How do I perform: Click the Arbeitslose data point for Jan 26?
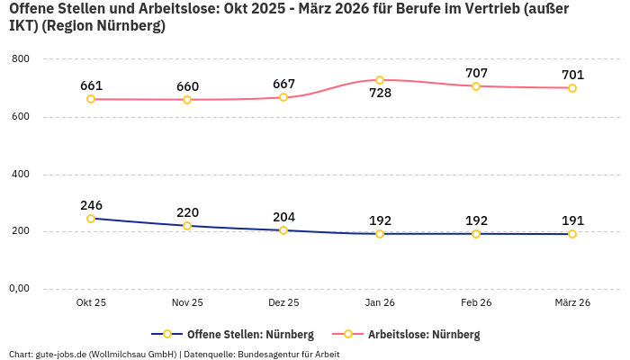click(x=380, y=80)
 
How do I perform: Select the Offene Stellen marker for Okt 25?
click(x=91, y=219)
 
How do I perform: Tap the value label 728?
click(x=380, y=93)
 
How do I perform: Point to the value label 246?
click(x=91, y=205)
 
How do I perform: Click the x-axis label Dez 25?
click(x=283, y=303)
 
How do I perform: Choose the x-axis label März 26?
click(x=572, y=303)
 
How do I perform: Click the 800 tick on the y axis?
click(x=21, y=59)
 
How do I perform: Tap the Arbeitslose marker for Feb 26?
click(x=476, y=86)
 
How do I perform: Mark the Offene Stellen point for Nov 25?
click(x=187, y=226)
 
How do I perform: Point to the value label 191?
click(x=572, y=220)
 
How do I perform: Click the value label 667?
click(x=283, y=85)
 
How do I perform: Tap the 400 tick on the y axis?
click(x=21, y=174)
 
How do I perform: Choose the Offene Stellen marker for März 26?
click(x=572, y=234)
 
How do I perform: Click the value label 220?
click(x=187, y=212)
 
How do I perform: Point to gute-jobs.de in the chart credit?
click(x=60, y=354)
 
